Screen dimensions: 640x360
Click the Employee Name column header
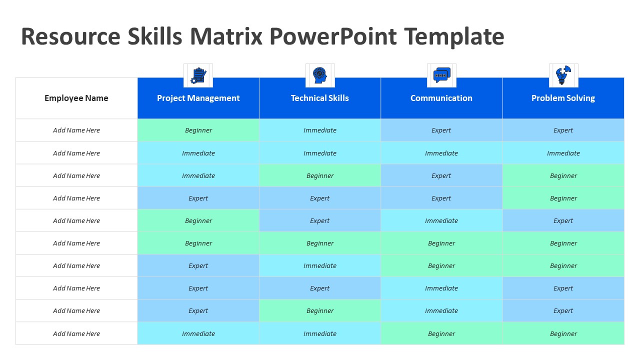(x=76, y=98)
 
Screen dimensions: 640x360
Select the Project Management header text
(x=198, y=98)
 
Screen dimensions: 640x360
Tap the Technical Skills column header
(x=319, y=98)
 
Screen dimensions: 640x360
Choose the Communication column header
(x=441, y=98)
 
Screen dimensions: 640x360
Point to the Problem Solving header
(x=563, y=98)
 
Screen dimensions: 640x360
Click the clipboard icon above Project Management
(x=198, y=75)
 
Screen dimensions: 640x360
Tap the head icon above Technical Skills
(x=319, y=75)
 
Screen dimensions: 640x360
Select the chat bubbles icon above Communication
(x=441, y=75)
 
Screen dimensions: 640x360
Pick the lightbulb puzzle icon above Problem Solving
(x=563, y=75)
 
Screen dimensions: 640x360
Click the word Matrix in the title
(x=226, y=36)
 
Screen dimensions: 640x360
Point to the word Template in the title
(x=454, y=37)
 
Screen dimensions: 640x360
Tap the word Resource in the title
(x=71, y=36)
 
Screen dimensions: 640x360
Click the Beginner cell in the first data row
(x=198, y=130)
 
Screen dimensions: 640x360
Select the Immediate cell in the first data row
(x=319, y=130)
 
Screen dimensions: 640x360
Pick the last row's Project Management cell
(x=198, y=333)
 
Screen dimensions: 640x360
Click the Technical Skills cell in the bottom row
(x=319, y=333)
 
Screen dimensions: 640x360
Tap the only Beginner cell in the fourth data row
(x=563, y=198)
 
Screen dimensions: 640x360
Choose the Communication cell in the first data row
(x=441, y=130)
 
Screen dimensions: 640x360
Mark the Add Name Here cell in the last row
(x=76, y=333)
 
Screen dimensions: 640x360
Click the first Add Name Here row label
(x=76, y=130)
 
